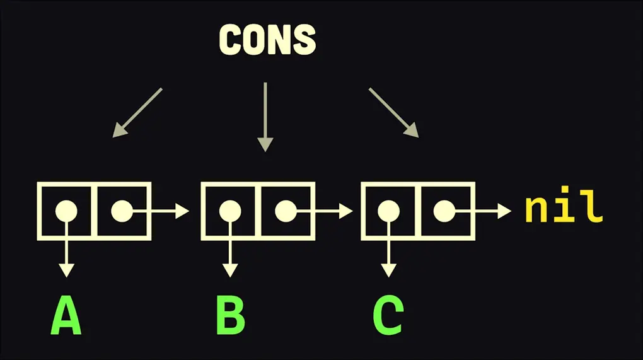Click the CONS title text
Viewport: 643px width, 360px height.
[x=267, y=40]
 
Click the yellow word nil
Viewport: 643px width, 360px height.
[x=564, y=210]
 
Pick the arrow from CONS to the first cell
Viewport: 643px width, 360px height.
[x=137, y=112]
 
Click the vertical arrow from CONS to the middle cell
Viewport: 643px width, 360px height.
[x=265, y=117]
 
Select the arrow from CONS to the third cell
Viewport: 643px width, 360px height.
[x=394, y=112]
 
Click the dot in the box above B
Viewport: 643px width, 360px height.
[x=229, y=211]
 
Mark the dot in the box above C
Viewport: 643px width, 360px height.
[x=389, y=211]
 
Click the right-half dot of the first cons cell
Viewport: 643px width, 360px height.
[x=122, y=211]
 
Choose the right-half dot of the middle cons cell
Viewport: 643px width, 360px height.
[x=286, y=211]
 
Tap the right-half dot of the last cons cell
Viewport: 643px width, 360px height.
[x=444, y=211]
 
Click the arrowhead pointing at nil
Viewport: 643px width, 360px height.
[x=504, y=211]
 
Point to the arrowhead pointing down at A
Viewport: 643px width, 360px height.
[x=66, y=270]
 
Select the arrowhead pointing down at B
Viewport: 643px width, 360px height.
[x=230, y=270]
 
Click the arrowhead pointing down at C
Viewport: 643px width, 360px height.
[x=389, y=270]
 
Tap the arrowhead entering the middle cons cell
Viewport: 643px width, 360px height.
[x=182, y=211]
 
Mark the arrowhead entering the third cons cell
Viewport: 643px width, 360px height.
[x=345, y=211]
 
